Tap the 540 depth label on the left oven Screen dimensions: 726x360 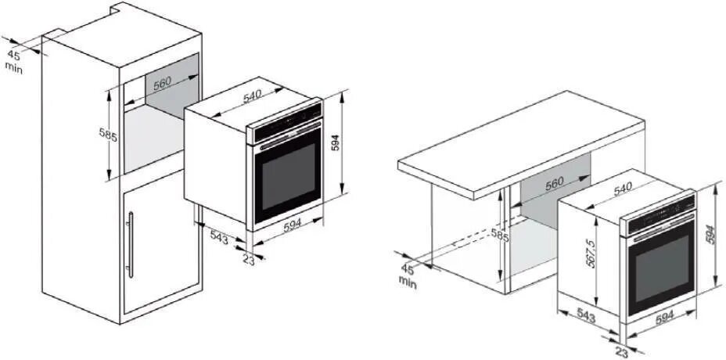251,96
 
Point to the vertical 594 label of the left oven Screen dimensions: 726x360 335,143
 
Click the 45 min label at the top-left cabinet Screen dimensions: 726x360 14,61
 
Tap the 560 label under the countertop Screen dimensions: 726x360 553,183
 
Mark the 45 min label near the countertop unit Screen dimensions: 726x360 408,275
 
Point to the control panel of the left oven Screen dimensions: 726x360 285,127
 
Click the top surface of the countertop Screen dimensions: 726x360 520,137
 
